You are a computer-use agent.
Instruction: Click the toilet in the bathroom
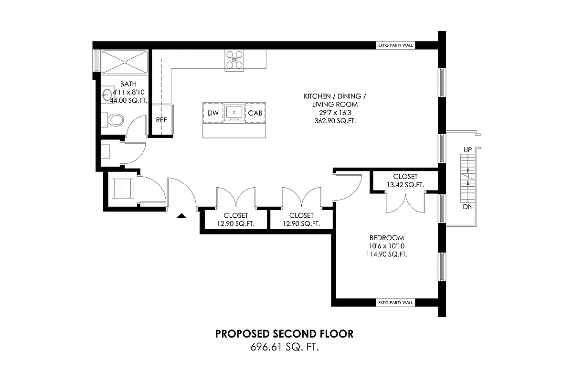[x=115, y=119]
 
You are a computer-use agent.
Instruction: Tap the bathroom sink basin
[x=107, y=94]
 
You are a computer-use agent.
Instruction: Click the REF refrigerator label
[x=161, y=120]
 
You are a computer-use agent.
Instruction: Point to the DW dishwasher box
[x=213, y=113]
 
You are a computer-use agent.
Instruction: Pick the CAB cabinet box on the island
[x=254, y=113]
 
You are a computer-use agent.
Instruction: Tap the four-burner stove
[x=234, y=60]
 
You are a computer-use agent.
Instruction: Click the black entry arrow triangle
[x=181, y=217]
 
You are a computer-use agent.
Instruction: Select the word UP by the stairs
[x=467, y=150]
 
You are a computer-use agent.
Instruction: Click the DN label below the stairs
[x=467, y=207]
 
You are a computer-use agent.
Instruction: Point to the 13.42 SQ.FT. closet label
[x=405, y=185]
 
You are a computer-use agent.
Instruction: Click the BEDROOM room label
[x=387, y=238]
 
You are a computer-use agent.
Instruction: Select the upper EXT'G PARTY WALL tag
[x=395, y=46]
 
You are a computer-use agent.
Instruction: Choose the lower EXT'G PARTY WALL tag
[x=395, y=303]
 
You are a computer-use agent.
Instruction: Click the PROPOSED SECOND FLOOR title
[x=285, y=334]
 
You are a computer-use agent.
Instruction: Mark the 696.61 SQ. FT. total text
[x=285, y=347]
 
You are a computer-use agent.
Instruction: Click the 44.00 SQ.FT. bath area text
[x=128, y=101]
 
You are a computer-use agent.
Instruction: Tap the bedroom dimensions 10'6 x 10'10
[x=387, y=246]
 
